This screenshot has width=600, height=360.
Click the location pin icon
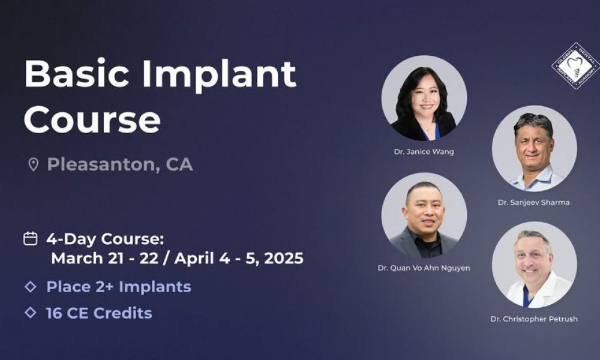click(x=33, y=164)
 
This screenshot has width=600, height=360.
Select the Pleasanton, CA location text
click(x=119, y=164)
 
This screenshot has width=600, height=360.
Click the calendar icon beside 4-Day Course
click(x=30, y=238)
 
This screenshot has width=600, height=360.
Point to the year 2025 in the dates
click(x=283, y=259)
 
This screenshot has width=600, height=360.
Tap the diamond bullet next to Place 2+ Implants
click(x=30, y=287)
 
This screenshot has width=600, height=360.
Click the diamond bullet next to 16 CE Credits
click(x=30, y=313)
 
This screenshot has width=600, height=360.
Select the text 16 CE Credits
click(x=99, y=313)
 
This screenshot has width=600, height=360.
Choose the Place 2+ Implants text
click(x=119, y=287)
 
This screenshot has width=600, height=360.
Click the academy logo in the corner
click(x=575, y=66)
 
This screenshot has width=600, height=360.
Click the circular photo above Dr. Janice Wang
click(x=424, y=98)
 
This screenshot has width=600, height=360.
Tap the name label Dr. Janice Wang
click(x=424, y=152)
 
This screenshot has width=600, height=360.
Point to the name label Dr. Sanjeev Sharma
click(x=533, y=202)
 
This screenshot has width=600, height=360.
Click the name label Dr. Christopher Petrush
click(x=533, y=319)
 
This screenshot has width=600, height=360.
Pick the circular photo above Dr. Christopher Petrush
click(x=534, y=265)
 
